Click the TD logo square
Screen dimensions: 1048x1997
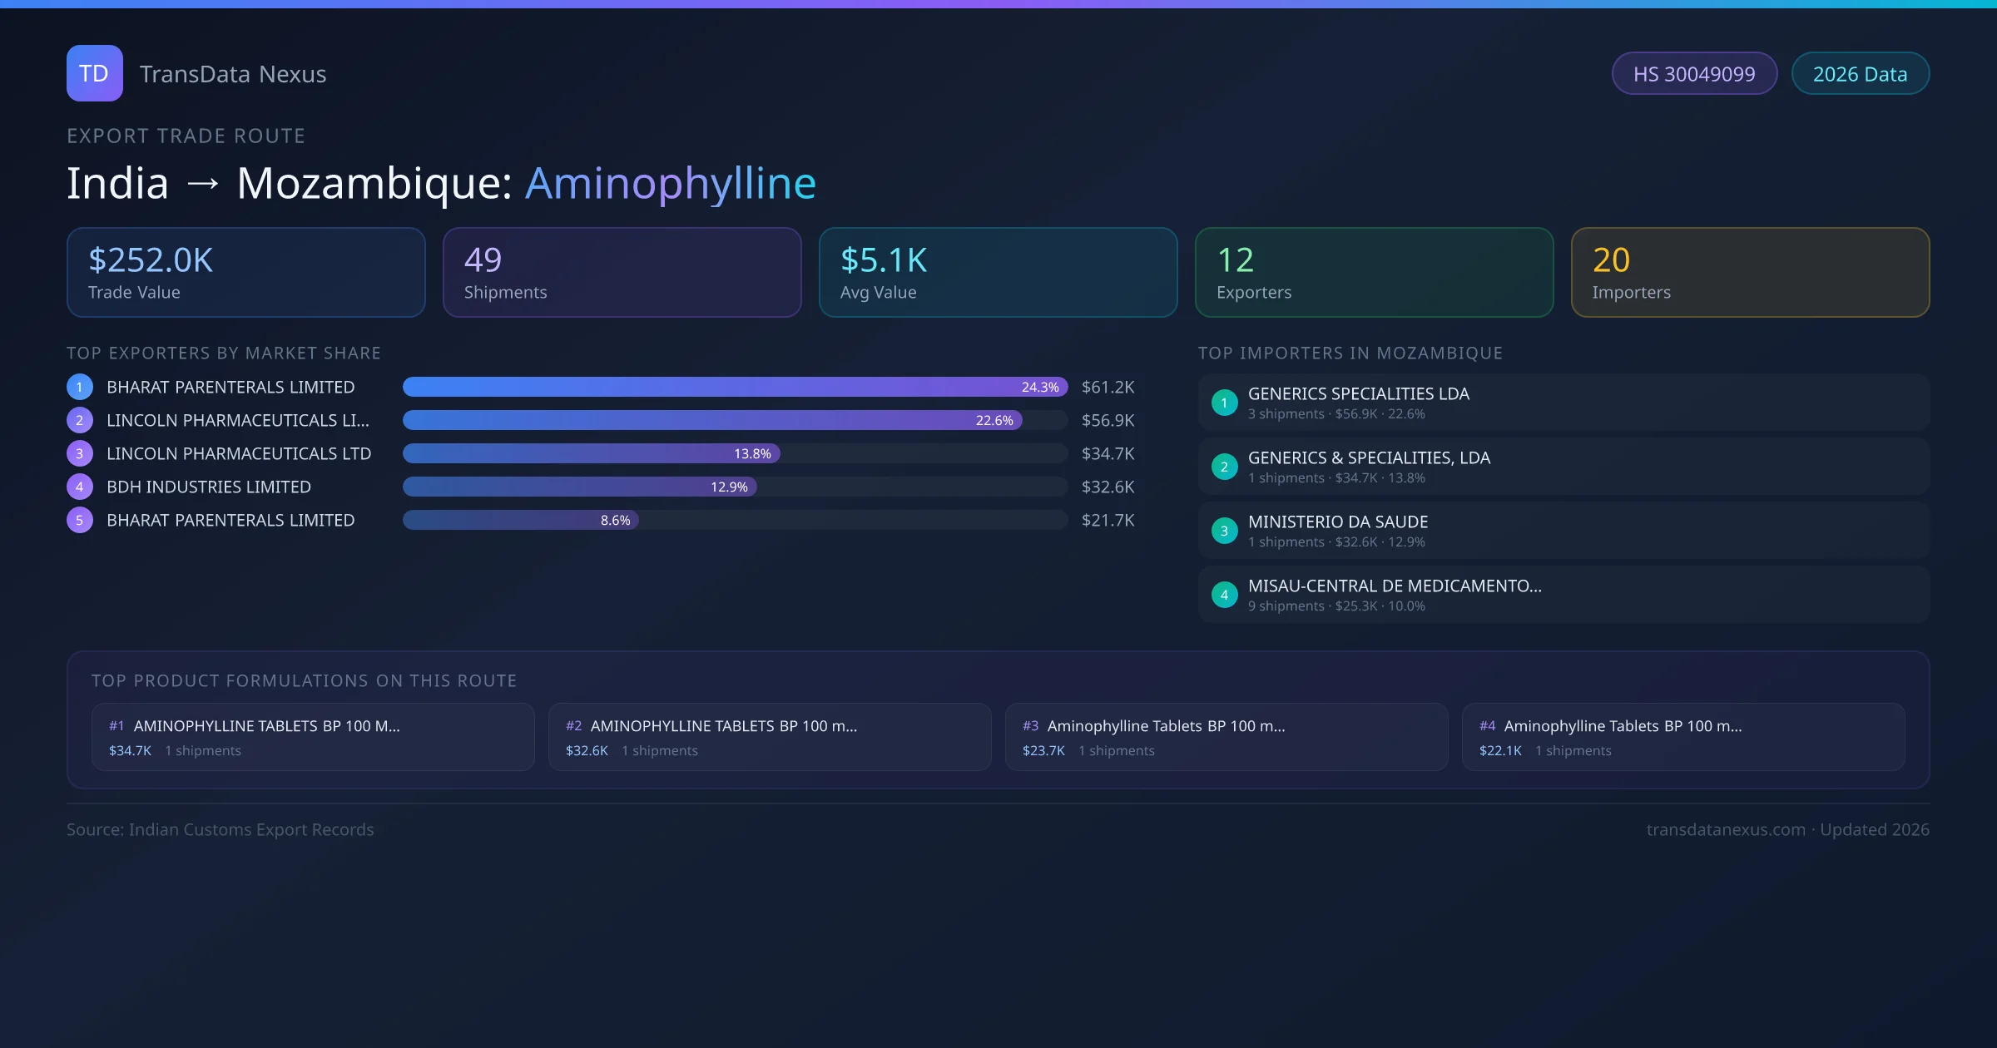point(94,73)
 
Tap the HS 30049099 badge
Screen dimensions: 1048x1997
point(1693,74)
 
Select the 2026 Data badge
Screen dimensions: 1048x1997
point(1860,74)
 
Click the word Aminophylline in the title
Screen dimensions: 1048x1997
point(670,183)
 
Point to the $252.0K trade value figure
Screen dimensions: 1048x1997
point(151,260)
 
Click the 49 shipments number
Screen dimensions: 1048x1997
point(483,260)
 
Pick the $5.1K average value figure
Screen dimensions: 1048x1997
point(883,260)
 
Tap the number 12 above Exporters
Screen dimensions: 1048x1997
point(1235,260)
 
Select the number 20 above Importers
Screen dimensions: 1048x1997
point(1611,260)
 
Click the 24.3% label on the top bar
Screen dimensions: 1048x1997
point(1039,387)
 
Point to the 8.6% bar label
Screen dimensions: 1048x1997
point(615,520)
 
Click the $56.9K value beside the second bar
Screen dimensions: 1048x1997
point(1108,420)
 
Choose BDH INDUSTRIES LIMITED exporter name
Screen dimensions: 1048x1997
point(209,487)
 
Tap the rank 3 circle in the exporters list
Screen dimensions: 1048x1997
point(80,453)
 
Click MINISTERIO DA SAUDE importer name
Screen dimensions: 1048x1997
point(1337,522)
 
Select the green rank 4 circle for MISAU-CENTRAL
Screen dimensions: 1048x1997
point(1224,595)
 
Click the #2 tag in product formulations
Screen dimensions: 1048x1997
point(573,726)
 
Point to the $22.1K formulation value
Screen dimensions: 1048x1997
point(1500,750)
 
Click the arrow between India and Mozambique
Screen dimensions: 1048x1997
point(203,184)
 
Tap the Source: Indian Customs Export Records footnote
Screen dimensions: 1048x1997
point(220,829)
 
